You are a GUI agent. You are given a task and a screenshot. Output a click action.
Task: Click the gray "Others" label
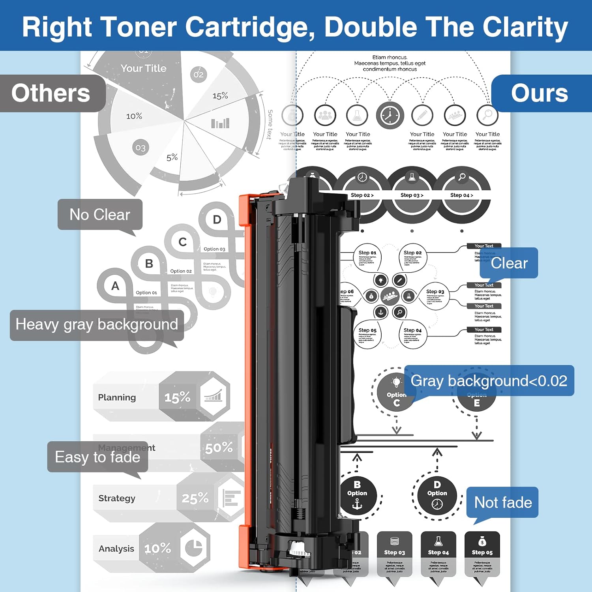coord(51,94)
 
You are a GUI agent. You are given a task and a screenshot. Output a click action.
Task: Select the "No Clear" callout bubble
coord(100,214)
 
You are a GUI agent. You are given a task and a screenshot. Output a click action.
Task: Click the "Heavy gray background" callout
coord(97,325)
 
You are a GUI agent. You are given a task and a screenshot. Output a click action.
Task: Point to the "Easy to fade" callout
coord(97,457)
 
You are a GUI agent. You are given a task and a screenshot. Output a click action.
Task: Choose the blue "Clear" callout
coord(509,263)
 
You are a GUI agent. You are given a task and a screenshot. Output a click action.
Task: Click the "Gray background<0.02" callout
coord(489,381)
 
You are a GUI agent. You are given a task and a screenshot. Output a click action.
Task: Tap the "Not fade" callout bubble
coord(502,502)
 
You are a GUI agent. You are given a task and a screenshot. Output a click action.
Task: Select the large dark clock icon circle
coord(390,116)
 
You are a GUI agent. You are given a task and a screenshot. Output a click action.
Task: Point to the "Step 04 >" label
coord(461,195)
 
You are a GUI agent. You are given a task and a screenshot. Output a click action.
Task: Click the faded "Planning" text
coord(117,397)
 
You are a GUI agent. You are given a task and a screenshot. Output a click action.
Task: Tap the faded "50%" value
coord(219,448)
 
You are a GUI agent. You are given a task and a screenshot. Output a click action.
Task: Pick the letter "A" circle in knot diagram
coord(115,286)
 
